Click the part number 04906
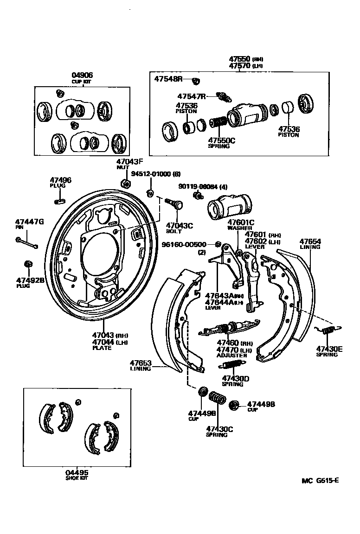coord(82,75)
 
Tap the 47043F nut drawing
coord(124,182)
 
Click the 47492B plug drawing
coord(27,264)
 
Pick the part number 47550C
coord(221,140)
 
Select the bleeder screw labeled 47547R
coord(225,97)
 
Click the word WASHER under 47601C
coord(239,228)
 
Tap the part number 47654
coord(310,242)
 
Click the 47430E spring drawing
coord(328,330)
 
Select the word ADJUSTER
coord(232,356)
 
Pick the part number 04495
coord(77,473)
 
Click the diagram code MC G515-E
coord(320,480)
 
